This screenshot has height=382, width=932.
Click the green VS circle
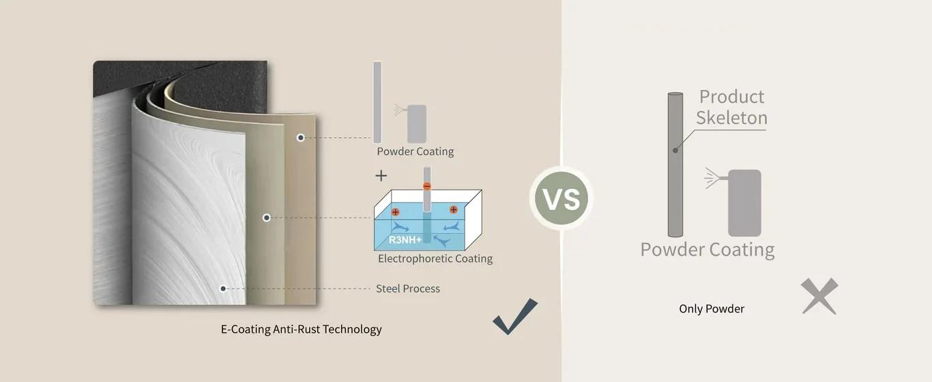562,199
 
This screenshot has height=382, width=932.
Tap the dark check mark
515,317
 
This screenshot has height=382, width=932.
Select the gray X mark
819,297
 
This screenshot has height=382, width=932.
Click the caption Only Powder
711,309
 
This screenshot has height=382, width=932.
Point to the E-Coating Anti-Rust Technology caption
301,329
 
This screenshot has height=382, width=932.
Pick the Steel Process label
407,289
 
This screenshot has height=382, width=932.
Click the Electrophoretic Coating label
435,259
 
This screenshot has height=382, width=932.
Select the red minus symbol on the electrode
427,186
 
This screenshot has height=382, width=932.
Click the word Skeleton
731,118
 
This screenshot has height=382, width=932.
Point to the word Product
731,97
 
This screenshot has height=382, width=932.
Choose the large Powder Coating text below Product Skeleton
707,250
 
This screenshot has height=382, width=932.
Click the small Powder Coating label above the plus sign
415,151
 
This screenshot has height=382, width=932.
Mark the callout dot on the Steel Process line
223,289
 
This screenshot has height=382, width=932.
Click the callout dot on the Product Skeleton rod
675,150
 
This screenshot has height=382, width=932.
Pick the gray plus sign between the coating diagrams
381,176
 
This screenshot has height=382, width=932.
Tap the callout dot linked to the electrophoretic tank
267,218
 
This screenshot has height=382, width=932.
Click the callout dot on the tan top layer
300,138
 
